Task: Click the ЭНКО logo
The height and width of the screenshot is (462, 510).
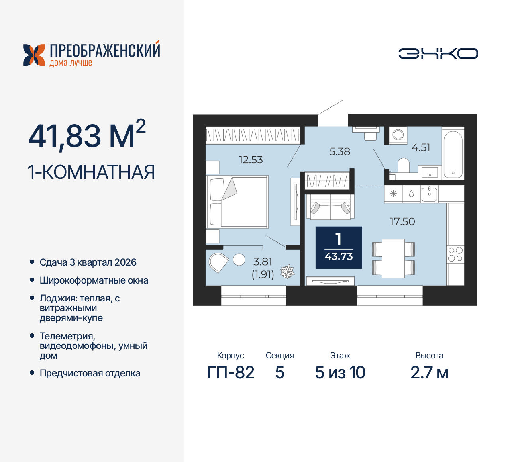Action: point(438,53)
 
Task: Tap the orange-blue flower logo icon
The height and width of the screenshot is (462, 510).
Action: point(34,55)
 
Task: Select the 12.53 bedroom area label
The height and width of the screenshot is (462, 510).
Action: point(251,160)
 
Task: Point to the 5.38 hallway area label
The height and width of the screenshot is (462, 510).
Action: point(339,151)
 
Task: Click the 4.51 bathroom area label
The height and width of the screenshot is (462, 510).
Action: point(421,147)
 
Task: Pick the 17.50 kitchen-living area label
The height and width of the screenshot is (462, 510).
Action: point(402,221)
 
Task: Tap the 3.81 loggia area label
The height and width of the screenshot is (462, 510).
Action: point(263,262)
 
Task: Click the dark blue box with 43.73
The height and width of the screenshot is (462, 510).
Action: point(339,248)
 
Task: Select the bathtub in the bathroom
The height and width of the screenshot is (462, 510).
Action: point(453,154)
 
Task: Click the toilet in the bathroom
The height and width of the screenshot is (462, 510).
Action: point(404,165)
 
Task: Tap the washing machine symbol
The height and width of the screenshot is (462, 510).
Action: point(398,135)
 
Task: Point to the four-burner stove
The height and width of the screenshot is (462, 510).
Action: point(455,254)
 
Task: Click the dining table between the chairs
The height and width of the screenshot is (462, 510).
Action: point(393,258)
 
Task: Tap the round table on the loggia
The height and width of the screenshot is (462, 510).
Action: point(239,260)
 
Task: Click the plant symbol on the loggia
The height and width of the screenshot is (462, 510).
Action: point(287,272)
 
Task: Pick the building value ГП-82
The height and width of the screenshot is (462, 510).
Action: point(231,373)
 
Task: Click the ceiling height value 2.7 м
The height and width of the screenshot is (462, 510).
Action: point(430,373)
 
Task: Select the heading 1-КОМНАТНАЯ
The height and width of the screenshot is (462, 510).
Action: point(91,172)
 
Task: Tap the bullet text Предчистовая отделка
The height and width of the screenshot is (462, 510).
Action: point(90,373)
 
